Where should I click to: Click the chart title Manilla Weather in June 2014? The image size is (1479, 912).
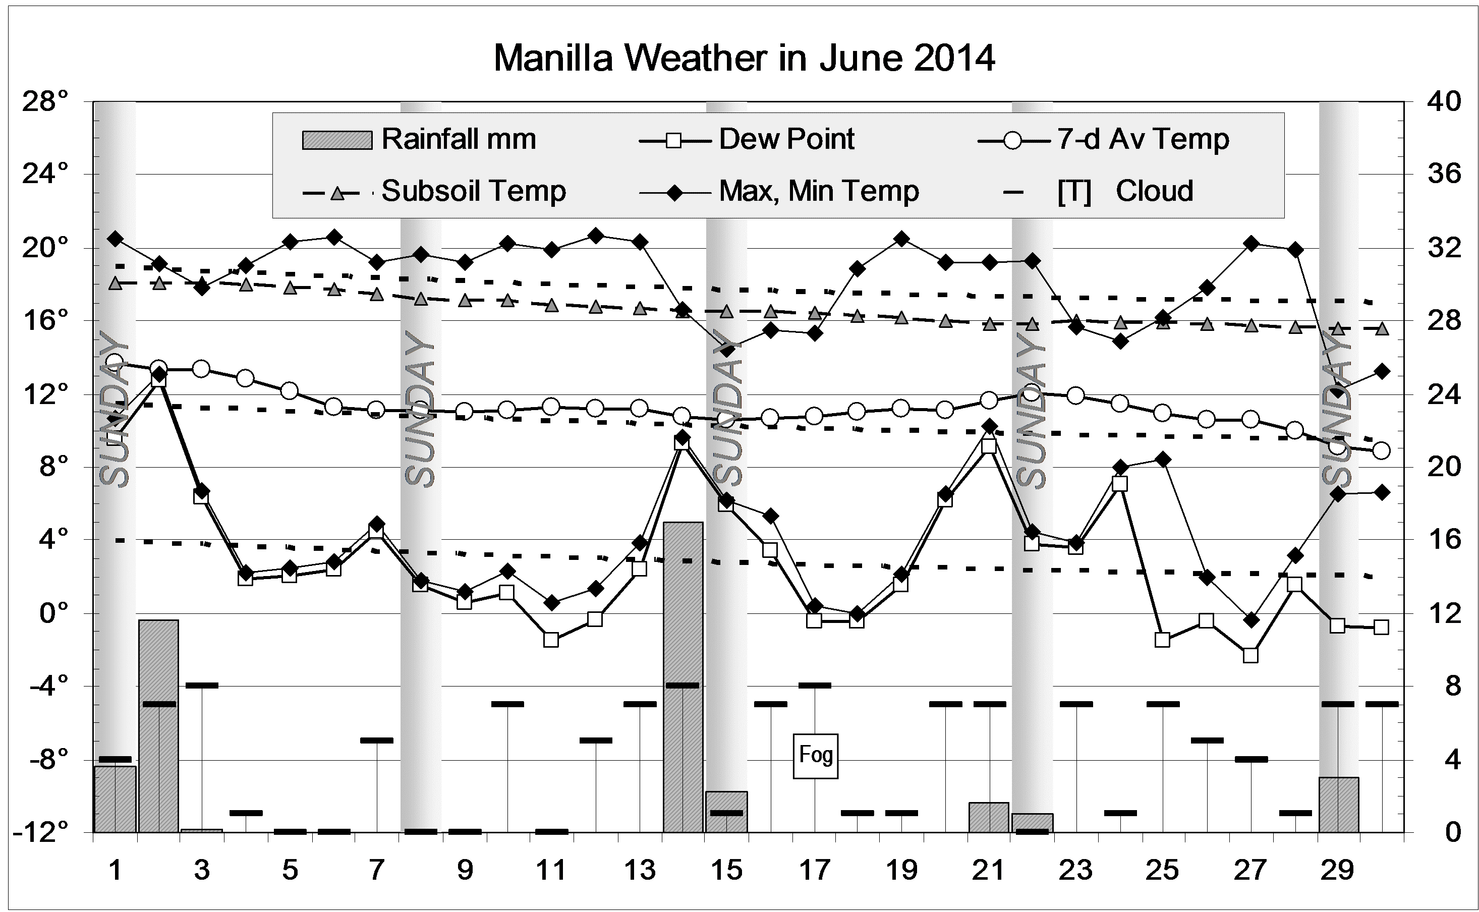[x=744, y=59]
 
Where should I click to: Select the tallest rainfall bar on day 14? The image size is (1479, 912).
[x=683, y=675]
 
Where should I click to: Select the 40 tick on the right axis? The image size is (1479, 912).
[x=1444, y=101]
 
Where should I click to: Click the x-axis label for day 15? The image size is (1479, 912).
[x=726, y=870]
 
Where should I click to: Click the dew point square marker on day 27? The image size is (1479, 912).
[x=1250, y=655]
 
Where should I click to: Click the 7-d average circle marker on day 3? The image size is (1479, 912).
[x=201, y=369]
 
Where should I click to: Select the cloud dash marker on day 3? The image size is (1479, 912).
[x=201, y=685]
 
